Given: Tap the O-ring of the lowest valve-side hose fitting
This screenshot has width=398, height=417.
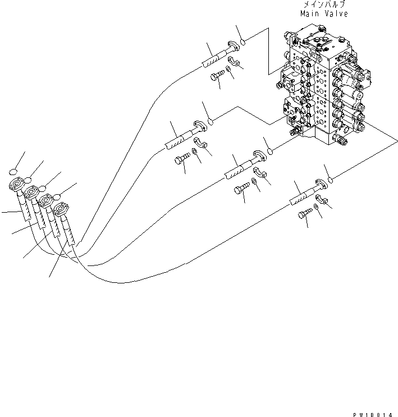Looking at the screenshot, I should pos(330,180).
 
